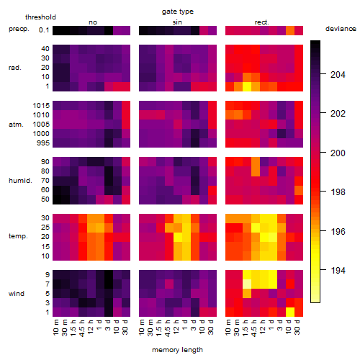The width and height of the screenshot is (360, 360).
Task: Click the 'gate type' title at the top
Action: pos(178,12)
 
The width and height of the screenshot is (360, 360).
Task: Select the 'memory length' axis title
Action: pos(177,350)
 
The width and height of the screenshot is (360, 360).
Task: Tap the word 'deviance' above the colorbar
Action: pos(341,29)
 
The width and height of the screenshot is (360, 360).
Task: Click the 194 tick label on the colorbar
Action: pos(338,271)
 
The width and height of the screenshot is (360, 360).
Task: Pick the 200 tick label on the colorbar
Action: pos(338,153)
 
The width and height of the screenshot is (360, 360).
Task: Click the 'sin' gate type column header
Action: pos(177,22)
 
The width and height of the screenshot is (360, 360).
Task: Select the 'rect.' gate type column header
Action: pos(261,22)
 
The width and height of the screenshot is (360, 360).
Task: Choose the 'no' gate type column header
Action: pos(93,22)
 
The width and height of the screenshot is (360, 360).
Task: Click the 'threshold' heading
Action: pos(40,17)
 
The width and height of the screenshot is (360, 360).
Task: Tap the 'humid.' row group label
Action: pos(20,181)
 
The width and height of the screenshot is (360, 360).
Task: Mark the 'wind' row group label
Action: pos(17,294)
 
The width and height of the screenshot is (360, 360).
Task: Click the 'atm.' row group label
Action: pos(16,125)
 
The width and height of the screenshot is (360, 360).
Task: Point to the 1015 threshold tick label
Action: pos(41,106)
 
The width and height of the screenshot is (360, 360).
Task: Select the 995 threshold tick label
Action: pos(43,143)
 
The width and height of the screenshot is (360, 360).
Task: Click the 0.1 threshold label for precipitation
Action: pos(44,30)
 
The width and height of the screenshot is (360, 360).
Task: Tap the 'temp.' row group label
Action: pos(18,236)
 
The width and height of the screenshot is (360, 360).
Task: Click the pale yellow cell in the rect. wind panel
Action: pos(247,284)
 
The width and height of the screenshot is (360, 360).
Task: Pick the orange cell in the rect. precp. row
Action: pos(290,30)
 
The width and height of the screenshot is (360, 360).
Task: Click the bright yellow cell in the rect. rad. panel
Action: pos(247,86)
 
